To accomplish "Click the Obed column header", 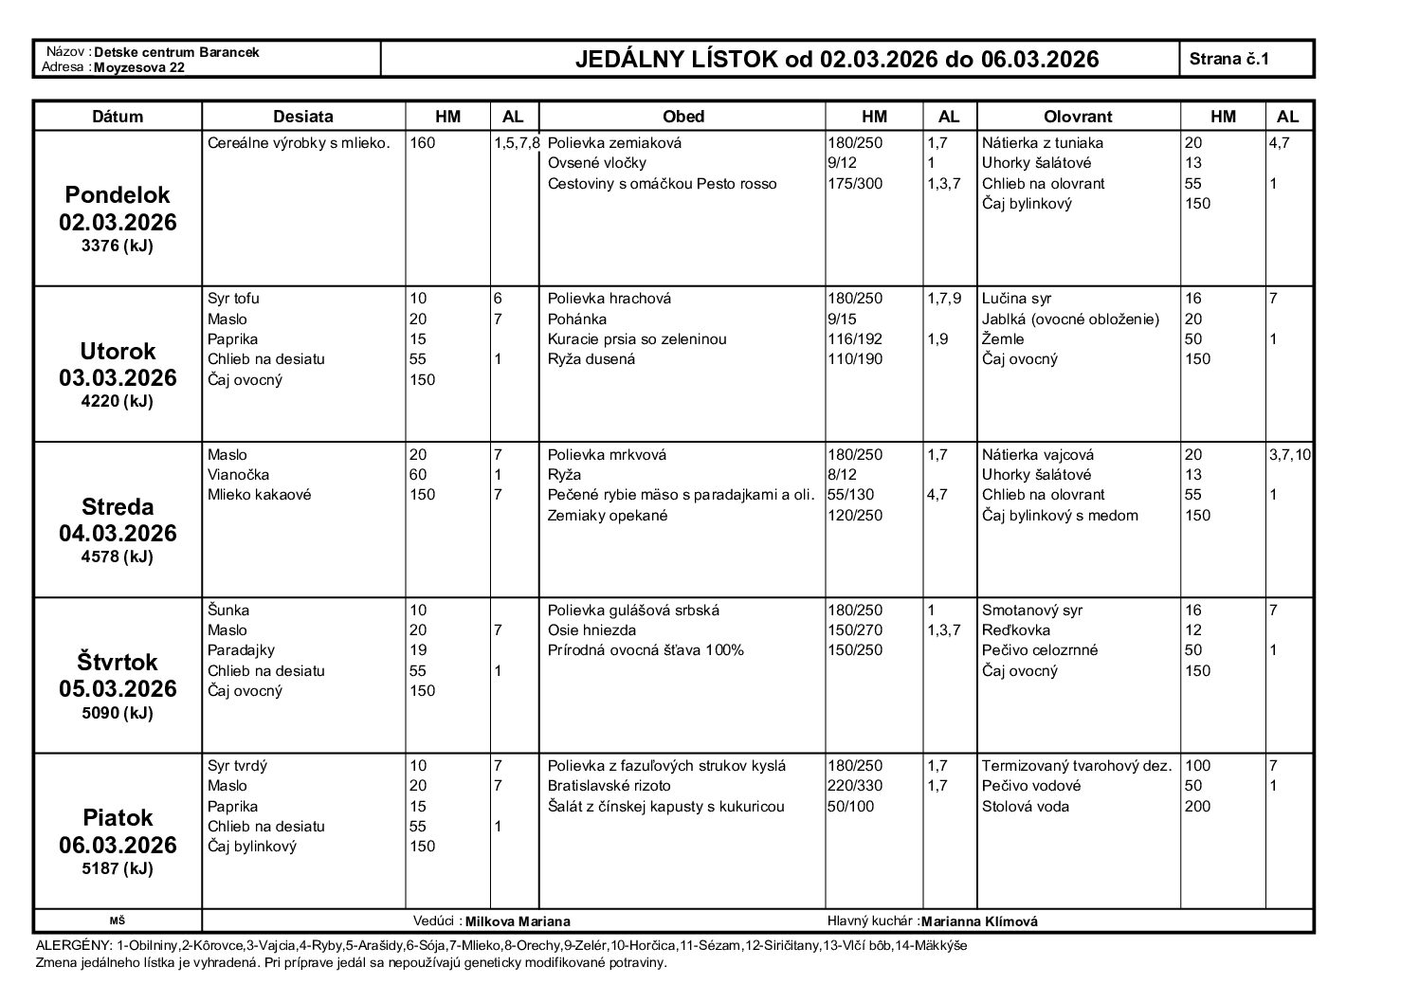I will (x=682, y=117).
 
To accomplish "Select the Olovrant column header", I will (x=1078, y=117).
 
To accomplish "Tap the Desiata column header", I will (x=303, y=117).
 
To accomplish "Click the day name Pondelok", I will (x=118, y=195).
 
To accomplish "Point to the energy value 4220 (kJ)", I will (x=118, y=401).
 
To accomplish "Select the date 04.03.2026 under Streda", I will (x=118, y=533).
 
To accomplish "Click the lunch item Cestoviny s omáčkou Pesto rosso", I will (x=662, y=183).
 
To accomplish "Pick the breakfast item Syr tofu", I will (x=233, y=299).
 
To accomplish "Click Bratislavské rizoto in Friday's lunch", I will (x=609, y=785).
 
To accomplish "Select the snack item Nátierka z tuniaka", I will (x=1043, y=143).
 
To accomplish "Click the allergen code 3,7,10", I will (x=1290, y=454).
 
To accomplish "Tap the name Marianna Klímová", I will (x=979, y=921).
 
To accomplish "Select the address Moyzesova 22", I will (x=139, y=67).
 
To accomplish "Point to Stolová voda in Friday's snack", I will (x=1026, y=806).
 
